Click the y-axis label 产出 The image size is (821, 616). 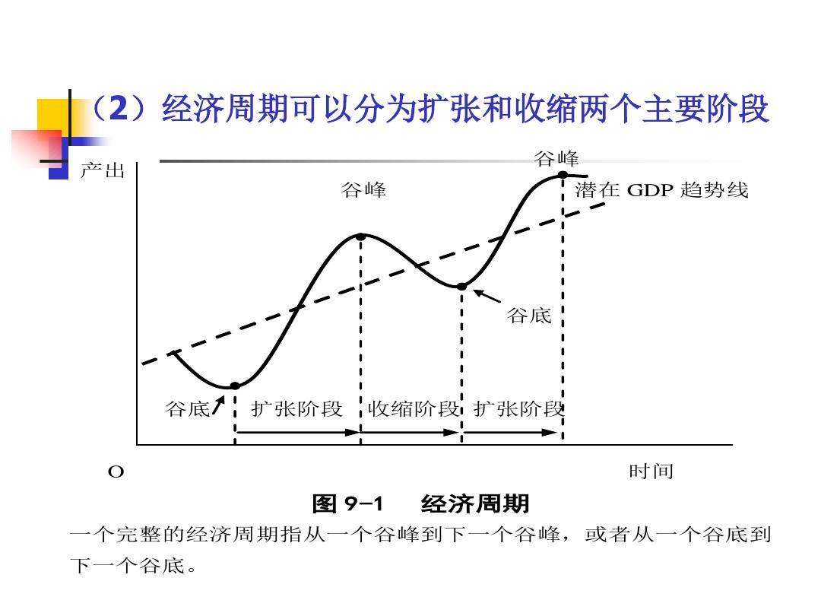pyautogui.click(x=102, y=171)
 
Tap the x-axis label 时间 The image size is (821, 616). pyautogui.click(x=651, y=472)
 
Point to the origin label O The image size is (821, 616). pyautogui.click(x=116, y=472)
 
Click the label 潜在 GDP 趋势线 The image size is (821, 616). pyautogui.click(x=661, y=190)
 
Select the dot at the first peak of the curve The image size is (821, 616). pyautogui.click(x=361, y=237)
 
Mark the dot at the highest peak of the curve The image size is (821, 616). pyautogui.click(x=563, y=175)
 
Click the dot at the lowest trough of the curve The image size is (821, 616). pyautogui.click(x=235, y=386)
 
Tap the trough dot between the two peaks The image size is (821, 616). pyautogui.click(x=461, y=287)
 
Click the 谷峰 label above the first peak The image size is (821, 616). pyautogui.click(x=363, y=191)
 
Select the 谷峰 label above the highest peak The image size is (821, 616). pyautogui.click(x=556, y=159)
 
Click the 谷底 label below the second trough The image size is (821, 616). pyautogui.click(x=529, y=316)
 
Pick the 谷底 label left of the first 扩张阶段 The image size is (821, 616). pyautogui.click(x=187, y=409)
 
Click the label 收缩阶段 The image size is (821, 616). pyautogui.click(x=414, y=409)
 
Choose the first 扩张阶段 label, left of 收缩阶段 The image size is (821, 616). pyautogui.click(x=297, y=409)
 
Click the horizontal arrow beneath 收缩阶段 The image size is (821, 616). pyautogui.click(x=411, y=432)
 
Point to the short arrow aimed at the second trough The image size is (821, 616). pyautogui.click(x=488, y=296)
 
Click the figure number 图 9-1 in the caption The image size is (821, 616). pyautogui.click(x=348, y=504)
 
